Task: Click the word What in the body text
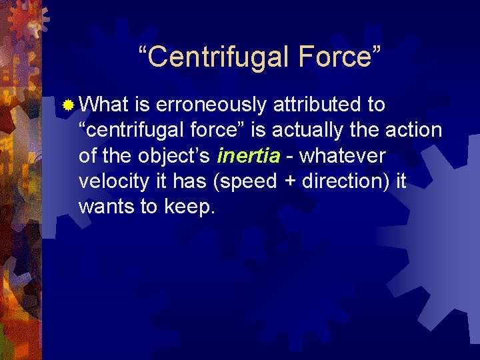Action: (x=103, y=105)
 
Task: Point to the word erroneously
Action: (x=222, y=105)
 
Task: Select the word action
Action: (x=413, y=130)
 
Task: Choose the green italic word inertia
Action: (x=249, y=155)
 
